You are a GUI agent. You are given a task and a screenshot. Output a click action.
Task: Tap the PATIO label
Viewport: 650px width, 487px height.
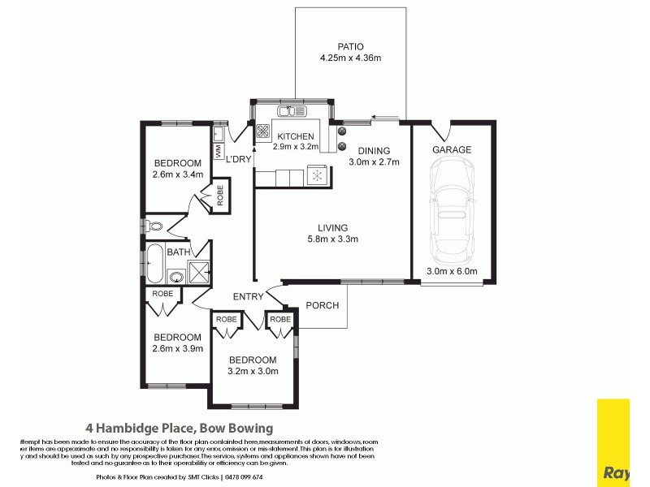(x=350, y=46)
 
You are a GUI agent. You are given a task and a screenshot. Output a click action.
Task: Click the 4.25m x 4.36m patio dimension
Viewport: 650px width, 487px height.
(x=350, y=58)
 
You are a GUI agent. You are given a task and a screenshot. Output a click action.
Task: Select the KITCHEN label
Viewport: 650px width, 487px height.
(x=297, y=136)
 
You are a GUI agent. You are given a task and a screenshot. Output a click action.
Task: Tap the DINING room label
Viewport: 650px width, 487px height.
(x=374, y=150)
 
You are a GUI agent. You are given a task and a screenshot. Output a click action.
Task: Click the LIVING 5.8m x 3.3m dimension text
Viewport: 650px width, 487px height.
(x=333, y=239)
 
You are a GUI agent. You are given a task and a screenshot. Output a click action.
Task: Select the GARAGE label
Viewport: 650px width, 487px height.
(x=452, y=150)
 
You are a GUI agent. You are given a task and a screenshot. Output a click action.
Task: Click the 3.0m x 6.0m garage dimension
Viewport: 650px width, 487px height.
(x=452, y=272)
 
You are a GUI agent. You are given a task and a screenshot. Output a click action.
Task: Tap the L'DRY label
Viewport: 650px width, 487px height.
(x=239, y=159)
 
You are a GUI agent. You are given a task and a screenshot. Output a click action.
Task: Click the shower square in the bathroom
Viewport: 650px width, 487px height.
(x=198, y=271)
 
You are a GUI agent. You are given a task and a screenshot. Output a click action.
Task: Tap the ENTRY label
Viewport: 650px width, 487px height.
(x=248, y=296)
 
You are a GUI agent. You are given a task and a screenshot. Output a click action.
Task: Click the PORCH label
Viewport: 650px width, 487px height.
(x=322, y=306)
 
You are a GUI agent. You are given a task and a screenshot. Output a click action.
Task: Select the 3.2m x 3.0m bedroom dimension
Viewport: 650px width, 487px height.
(x=252, y=371)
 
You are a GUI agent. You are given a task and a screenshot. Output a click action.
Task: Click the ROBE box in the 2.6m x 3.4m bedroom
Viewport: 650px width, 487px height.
(x=219, y=197)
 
